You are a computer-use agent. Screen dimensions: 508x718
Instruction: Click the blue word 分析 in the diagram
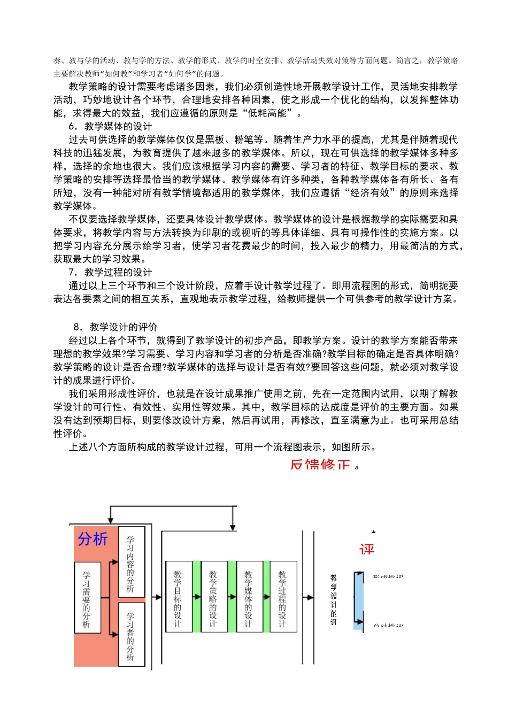pos(93,539)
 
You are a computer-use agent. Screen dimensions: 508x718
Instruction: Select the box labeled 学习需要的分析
pos(87,598)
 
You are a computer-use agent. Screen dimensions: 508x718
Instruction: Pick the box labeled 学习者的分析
pos(131,635)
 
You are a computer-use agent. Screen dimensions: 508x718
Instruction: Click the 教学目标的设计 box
pos(179,597)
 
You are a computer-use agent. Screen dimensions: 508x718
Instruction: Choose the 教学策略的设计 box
pos(213,597)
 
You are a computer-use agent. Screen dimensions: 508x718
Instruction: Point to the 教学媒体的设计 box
pos(249,597)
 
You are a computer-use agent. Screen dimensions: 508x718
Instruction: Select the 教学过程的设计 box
pos(283,597)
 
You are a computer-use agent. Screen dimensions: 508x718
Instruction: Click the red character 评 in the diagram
pos(367,549)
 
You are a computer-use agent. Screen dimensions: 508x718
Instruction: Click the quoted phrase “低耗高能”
pos(272,113)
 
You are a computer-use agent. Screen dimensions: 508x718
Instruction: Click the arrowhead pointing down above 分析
pos(110,520)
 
